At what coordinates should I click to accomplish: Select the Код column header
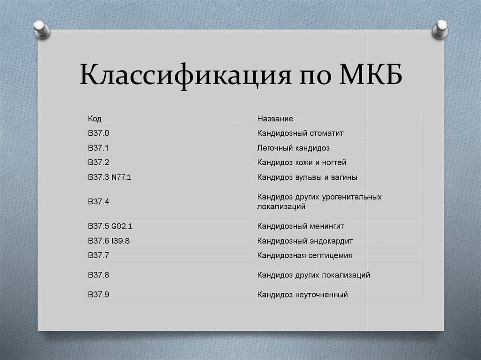coord(94,118)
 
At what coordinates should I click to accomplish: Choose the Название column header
coord(275,118)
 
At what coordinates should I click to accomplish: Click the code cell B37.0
coord(99,133)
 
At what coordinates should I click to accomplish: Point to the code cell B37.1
coord(98,148)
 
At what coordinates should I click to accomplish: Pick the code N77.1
coord(121,177)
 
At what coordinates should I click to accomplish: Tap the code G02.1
coord(122,226)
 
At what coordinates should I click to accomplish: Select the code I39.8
coord(120,241)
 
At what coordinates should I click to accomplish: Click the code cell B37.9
coord(99,294)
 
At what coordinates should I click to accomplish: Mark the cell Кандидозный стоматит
coord(300,133)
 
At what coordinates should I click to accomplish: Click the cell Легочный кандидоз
coord(293,148)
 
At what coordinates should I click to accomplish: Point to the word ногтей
coord(334,162)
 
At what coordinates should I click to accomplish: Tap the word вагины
coord(344,177)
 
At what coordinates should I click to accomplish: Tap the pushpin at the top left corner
coord(41,29)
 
